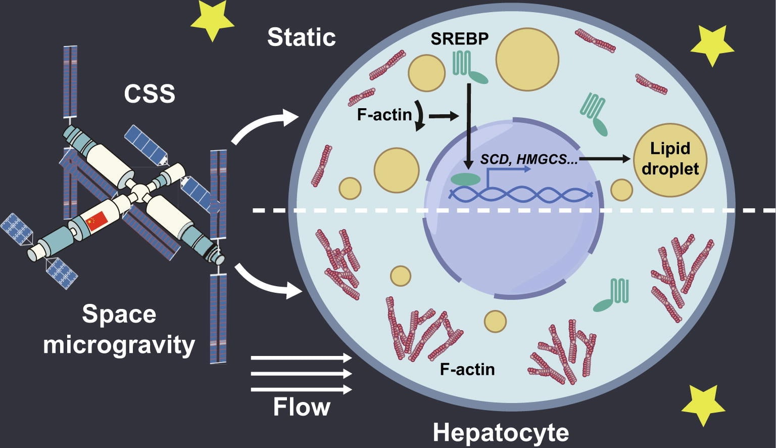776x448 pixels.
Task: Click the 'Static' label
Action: pos(302,37)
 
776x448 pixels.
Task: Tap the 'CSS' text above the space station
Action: pos(150,94)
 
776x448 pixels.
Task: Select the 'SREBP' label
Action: pos(459,38)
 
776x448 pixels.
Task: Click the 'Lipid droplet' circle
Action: pos(670,159)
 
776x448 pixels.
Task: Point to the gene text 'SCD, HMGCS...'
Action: pos(528,159)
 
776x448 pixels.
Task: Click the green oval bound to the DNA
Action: pos(465,179)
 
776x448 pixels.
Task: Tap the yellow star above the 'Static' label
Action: pos(212,19)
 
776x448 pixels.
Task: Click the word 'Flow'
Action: pos(302,407)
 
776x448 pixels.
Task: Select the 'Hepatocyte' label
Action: pos(501,433)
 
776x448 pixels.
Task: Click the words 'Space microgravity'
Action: pos(119,330)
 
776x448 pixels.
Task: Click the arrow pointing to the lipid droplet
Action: pos(606,159)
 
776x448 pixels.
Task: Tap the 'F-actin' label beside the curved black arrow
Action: pos(384,115)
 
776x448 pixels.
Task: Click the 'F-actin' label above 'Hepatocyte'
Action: pos(467,369)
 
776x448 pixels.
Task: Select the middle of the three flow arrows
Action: pos(301,374)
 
